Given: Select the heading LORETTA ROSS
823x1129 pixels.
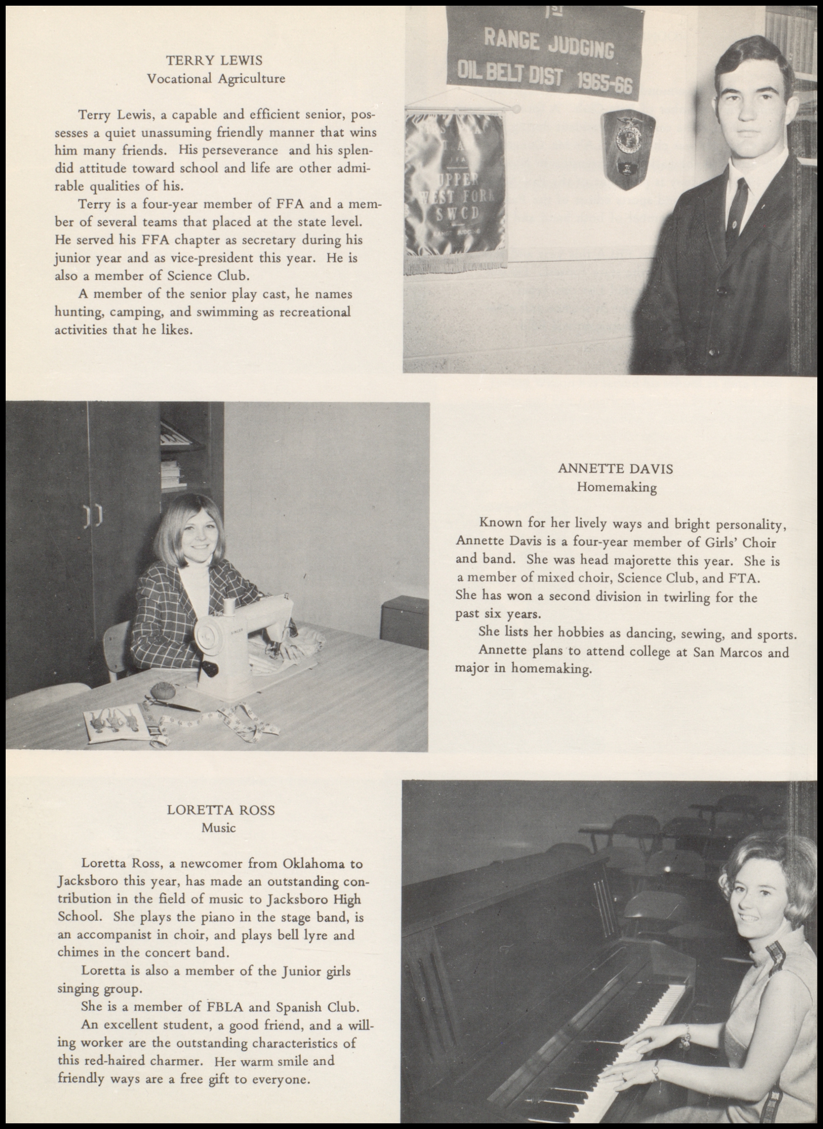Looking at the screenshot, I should (221, 810).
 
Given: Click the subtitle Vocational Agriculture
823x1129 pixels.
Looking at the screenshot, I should (216, 79).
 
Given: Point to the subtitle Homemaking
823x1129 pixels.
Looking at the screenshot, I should (616, 487).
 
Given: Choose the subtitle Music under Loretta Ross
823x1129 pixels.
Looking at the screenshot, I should (218, 828).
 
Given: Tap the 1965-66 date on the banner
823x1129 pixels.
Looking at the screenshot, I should (604, 83).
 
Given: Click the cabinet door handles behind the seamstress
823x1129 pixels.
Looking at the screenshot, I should (92, 516).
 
